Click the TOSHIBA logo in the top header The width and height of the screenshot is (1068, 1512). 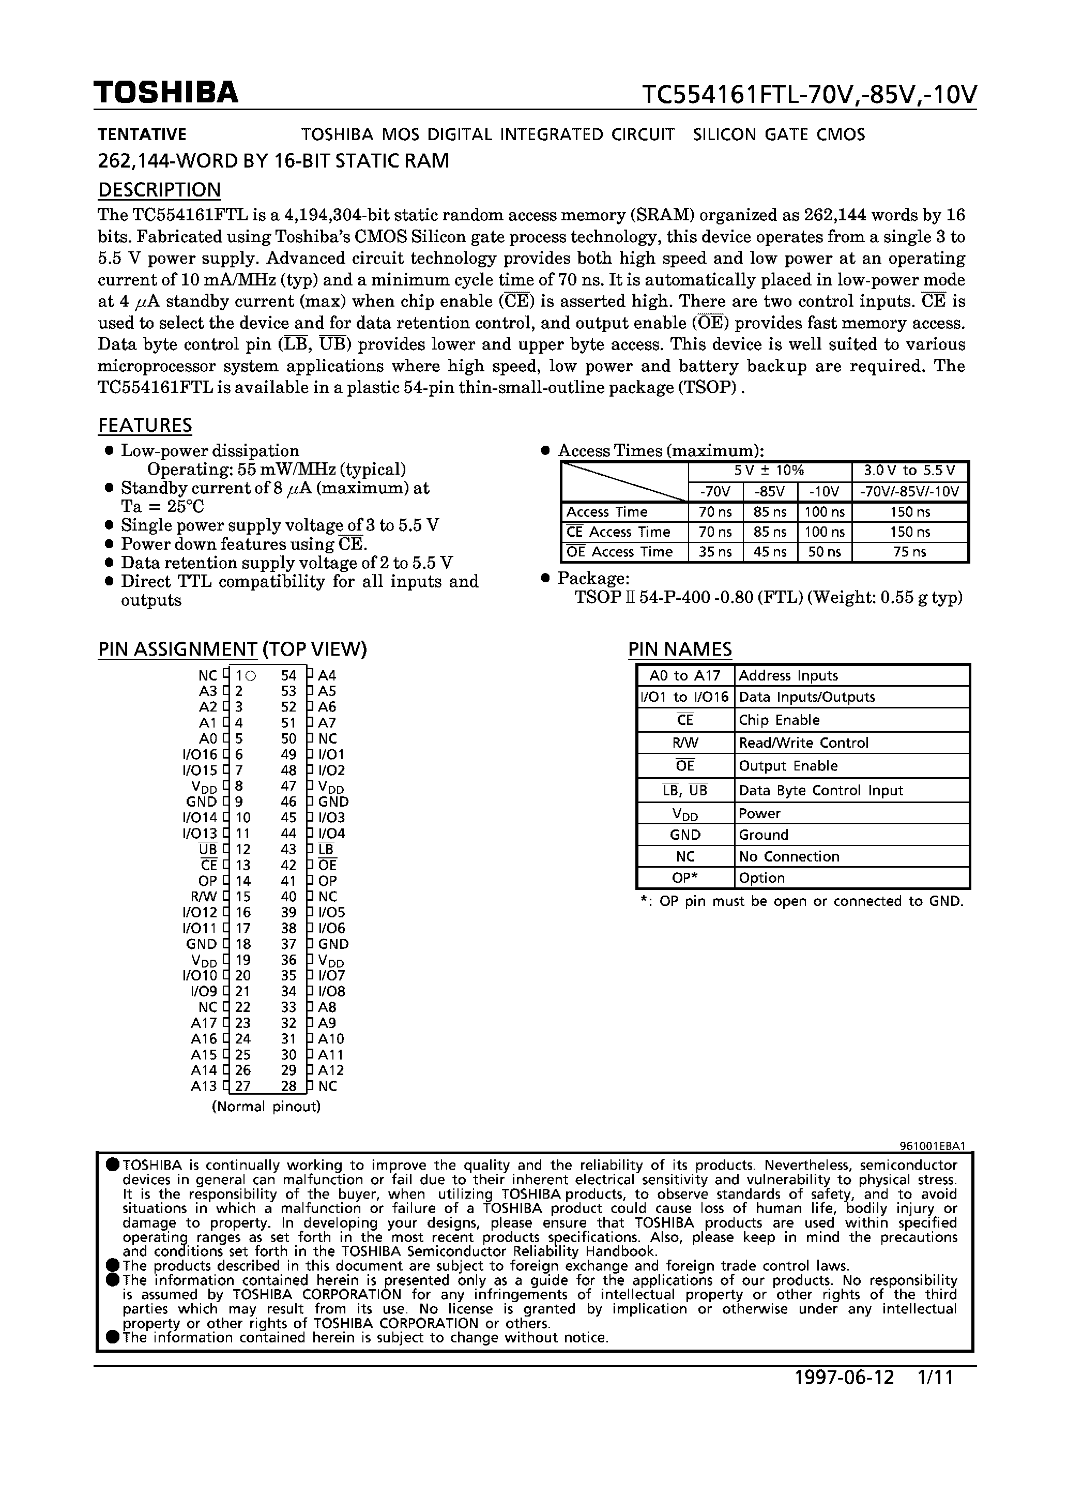pos(165,93)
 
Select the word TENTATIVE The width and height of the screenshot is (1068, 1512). pos(142,134)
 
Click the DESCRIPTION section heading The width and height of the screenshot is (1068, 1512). pos(159,190)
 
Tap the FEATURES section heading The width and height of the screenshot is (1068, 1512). pos(145,426)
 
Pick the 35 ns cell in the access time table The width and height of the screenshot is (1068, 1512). pos(715,552)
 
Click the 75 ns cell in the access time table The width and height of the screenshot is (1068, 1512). pos(910,552)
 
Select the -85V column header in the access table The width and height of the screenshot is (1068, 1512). pos(770,491)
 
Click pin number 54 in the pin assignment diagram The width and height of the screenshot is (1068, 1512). pos(288,675)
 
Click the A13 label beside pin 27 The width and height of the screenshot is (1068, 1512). pos(204,1086)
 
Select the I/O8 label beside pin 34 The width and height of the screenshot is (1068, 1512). pos(331,991)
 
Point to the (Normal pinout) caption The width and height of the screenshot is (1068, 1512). pos(266,1107)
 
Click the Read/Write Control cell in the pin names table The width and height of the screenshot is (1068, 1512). pos(803,743)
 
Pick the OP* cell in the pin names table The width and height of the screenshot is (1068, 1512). pos(685,878)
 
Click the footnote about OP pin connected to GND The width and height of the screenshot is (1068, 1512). pos(801,901)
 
